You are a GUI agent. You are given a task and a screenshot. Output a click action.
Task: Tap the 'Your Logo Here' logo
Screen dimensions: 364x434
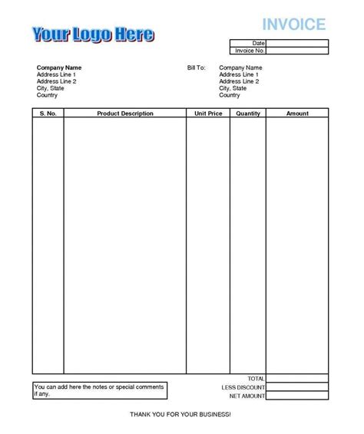click(92, 35)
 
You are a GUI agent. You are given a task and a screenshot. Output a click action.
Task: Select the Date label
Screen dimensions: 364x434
click(258, 43)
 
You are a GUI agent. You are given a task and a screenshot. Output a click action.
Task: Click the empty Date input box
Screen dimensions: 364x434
click(298, 43)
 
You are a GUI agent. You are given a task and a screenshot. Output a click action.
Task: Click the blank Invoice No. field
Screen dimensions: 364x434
click(298, 51)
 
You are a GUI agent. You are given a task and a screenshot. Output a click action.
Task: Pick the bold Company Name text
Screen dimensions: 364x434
click(58, 68)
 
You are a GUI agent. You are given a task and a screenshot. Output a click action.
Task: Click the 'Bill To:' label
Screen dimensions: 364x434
click(196, 68)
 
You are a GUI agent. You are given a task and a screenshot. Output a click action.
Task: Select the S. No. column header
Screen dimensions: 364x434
click(48, 113)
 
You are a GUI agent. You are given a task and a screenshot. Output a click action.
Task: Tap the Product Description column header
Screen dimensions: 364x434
click(125, 113)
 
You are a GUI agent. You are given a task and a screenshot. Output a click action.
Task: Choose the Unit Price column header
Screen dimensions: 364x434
click(208, 113)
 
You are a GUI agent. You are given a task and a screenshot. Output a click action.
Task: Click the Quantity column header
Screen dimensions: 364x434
click(249, 113)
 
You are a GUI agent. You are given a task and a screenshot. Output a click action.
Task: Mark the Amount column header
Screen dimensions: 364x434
click(297, 113)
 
